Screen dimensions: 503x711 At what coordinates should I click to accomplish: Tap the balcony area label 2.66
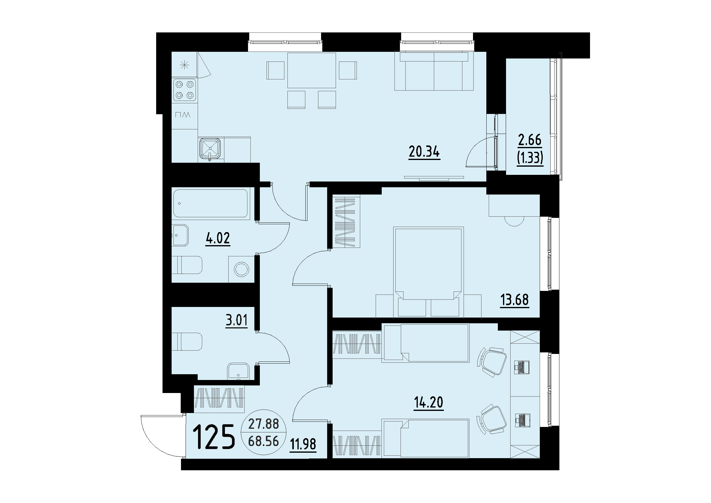pos(530,140)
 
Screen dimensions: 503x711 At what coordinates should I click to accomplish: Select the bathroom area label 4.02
pos(218,238)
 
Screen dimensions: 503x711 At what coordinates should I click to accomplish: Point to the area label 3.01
pos(236,321)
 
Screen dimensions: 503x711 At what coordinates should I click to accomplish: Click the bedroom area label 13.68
pos(514,300)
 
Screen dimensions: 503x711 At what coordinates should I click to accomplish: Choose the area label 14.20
pos(428,402)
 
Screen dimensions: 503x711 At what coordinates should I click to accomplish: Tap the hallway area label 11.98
pos(303,444)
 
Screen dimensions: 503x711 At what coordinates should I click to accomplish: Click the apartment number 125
pos(214,437)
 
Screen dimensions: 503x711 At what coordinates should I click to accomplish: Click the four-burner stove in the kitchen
pos(185,90)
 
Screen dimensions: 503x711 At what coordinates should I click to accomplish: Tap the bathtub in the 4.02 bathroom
pos(211,203)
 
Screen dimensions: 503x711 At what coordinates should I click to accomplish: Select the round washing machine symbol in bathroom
pos(241,269)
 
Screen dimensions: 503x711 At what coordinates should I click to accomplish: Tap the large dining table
pos(311,70)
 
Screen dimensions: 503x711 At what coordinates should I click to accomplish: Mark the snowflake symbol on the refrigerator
pos(184,65)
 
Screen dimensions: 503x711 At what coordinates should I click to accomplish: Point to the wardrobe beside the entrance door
pos(220,398)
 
